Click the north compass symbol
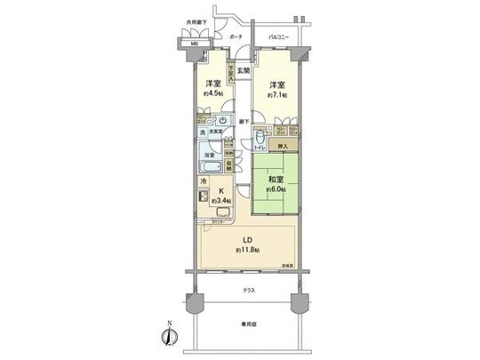point(166,336)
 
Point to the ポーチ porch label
point(236,38)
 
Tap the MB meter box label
point(194,42)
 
